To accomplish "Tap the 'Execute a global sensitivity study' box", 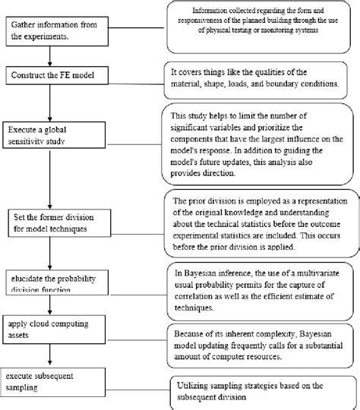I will pyautogui.click(x=61, y=134).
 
